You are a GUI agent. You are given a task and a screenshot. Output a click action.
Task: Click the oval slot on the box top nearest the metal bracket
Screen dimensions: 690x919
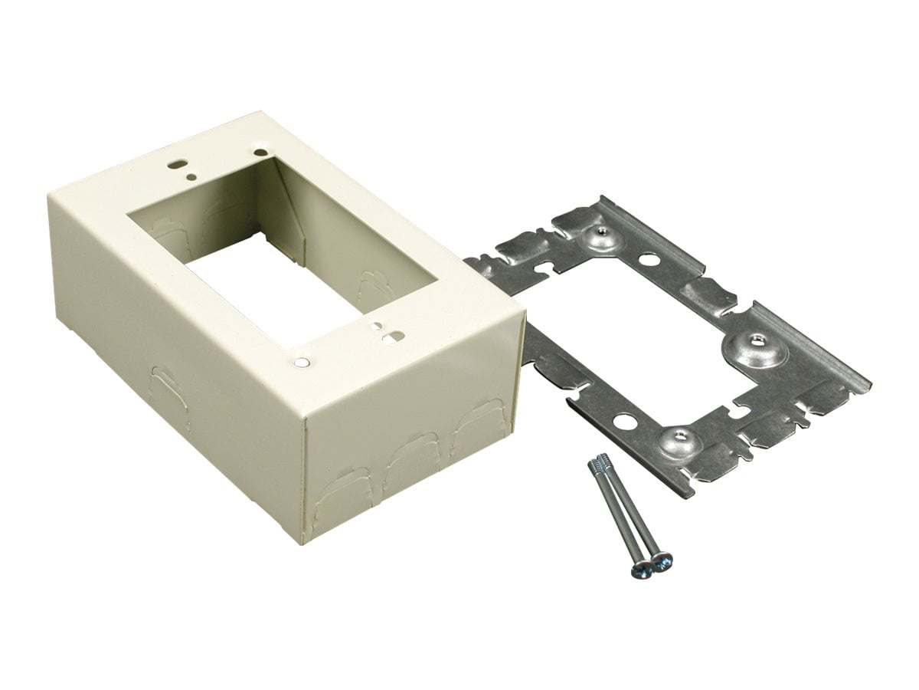[396, 334]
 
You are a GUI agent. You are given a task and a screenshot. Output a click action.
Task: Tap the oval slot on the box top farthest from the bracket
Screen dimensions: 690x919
[178, 163]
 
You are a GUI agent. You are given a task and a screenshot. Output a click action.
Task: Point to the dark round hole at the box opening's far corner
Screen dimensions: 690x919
[262, 153]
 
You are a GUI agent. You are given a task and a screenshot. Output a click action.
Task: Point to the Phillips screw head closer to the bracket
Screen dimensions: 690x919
[661, 561]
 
